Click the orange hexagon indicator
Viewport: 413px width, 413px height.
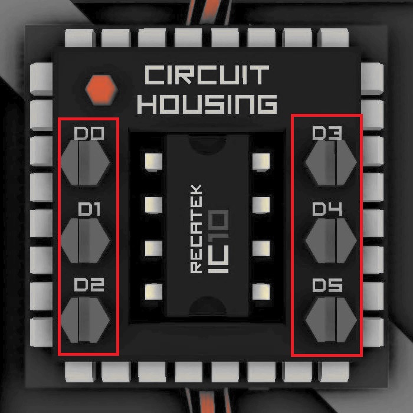point(101,89)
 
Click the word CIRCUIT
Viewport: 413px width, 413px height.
point(206,76)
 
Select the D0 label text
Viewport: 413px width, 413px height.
point(89,135)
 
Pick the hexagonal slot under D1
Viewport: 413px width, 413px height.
point(86,240)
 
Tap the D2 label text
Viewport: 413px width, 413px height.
point(89,286)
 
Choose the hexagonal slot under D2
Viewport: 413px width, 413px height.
point(86,319)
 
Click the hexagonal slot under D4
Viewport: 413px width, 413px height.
point(330,240)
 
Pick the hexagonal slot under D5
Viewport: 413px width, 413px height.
point(330,319)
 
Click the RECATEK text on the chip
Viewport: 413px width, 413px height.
point(197,228)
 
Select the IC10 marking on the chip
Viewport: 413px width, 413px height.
point(219,241)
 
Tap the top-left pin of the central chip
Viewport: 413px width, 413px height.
point(153,160)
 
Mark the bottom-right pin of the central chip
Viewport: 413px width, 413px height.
point(260,291)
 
